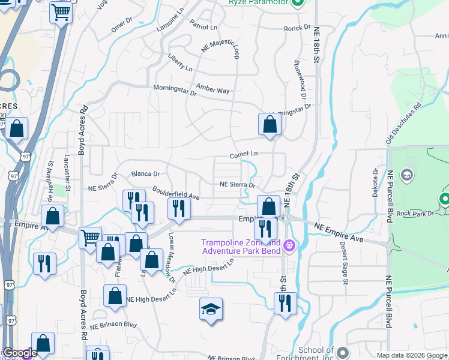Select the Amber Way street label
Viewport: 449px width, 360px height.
212,91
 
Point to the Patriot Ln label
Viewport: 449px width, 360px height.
203,27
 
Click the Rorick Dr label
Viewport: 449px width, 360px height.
297,28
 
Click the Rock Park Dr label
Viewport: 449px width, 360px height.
411,213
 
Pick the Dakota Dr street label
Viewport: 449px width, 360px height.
375,180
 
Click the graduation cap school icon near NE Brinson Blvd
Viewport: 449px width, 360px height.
211,309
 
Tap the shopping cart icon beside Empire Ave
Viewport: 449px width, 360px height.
90,237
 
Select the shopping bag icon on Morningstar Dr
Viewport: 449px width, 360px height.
270,124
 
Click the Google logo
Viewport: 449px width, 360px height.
19,353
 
